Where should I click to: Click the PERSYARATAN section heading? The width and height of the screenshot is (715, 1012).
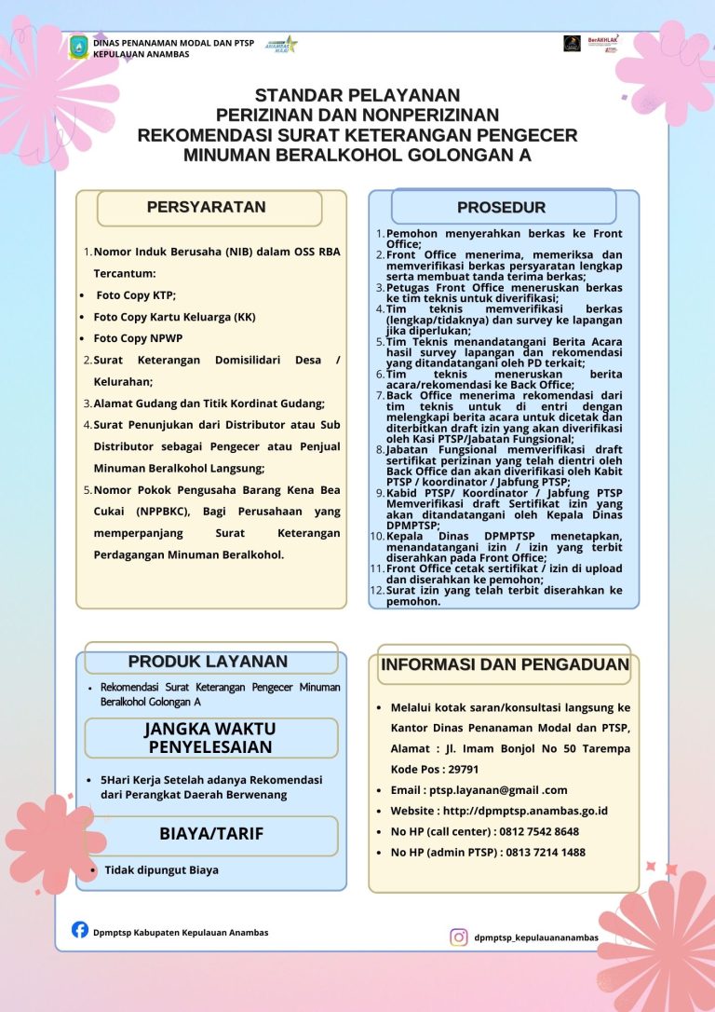(x=207, y=208)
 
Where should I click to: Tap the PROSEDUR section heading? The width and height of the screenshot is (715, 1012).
(x=502, y=207)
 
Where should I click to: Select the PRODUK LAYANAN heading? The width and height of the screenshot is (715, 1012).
(x=208, y=662)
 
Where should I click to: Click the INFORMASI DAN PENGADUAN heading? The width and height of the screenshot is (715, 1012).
(x=506, y=665)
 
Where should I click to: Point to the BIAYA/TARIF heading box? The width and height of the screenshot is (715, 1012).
(x=211, y=833)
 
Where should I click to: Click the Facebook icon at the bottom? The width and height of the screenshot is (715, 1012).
(x=80, y=930)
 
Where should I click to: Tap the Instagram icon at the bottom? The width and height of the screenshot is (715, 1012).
(x=459, y=937)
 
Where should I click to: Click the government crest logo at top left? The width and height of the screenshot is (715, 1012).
(x=79, y=48)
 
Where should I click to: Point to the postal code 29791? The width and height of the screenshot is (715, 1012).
(x=462, y=770)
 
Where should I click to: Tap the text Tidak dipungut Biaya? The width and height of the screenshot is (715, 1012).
(x=161, y=870)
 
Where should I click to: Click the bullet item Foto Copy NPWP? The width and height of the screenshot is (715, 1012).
(x=134, y=338)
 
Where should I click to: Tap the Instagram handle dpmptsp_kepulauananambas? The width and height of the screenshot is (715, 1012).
(x=535, y=937)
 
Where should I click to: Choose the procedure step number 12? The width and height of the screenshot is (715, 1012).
(x=377, y=591)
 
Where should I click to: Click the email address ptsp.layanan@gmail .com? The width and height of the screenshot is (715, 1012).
(x=492, y=790)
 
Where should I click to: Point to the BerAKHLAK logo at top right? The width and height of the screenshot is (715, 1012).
(x=603, y=43)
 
